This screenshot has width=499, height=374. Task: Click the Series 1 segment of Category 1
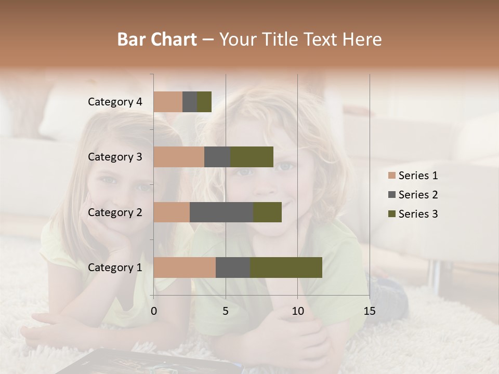point(185,267)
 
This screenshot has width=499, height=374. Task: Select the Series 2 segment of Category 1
point(233,267)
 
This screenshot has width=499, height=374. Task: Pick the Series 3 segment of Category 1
point(286,267)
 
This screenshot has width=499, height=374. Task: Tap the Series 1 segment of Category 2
point(172,212)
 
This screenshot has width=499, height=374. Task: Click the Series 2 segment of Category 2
point(221,212)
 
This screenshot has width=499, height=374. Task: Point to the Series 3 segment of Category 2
point(267,212)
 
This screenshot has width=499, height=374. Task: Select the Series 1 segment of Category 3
point(179,157)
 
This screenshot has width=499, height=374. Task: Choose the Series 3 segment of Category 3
point(252,157)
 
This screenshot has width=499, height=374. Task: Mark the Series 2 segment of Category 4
point(190,102)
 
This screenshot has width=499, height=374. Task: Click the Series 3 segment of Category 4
point(204,102)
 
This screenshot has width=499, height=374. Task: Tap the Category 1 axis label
point(115,268)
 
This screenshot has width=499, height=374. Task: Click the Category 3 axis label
point(115,157)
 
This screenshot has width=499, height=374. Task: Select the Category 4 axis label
point(115,102)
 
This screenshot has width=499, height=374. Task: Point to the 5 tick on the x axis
point(226,311)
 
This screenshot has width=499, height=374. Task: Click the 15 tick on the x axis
point(369,311)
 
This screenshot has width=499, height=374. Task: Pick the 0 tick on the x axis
point(154,311)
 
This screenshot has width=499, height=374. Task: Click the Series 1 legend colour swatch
point(391,176)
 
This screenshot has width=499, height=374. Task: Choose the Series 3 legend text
point(418,214)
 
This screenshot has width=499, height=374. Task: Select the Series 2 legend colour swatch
point(391,195)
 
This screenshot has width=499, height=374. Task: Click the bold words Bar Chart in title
point(156,39)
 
